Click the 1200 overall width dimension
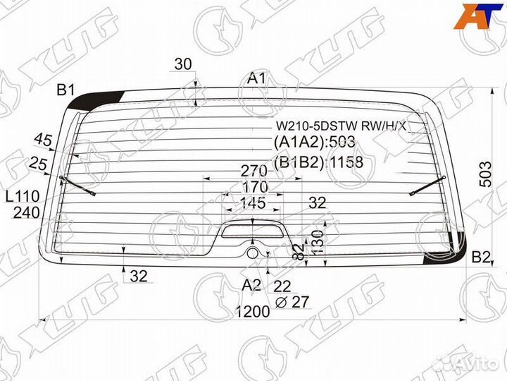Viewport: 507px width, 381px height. tap(253, 312)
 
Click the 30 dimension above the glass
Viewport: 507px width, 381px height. tap(183, 64)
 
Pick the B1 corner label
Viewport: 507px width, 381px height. tap(66, 90)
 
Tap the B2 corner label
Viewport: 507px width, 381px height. tap(481, 257)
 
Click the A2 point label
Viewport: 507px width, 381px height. tap(251, 285)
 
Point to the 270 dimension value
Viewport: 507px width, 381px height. tap(253, 171)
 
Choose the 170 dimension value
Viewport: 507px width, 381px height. tap(253, 187)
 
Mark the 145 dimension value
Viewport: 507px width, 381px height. tap(252, 203)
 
